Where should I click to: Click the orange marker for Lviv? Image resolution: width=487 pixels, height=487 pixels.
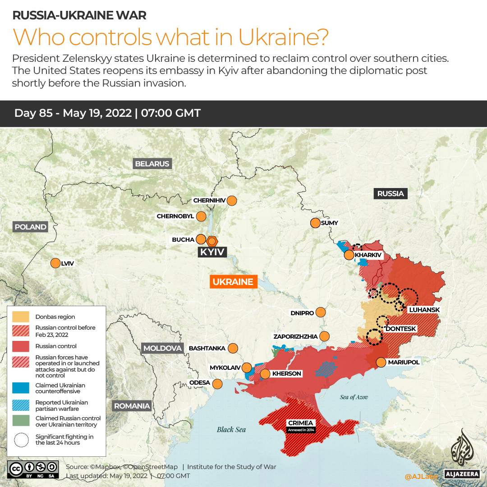point(55,263)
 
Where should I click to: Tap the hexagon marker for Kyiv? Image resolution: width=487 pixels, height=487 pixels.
point(211,240)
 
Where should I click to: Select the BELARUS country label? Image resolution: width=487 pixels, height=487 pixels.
point(152,164)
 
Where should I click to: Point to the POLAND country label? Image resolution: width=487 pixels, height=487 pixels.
point(30,227)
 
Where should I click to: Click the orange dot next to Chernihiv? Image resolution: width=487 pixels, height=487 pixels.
point(232,201)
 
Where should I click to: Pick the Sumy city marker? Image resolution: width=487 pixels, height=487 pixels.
point(315,223)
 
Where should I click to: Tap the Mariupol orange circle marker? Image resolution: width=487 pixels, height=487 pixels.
point(381,362)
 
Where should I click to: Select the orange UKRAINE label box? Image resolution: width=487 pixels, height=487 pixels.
point(233,282)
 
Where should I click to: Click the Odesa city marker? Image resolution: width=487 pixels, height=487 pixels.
point(217,384)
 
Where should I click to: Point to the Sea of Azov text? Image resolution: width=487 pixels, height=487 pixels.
point(354,397)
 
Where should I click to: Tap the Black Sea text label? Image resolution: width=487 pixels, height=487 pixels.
point(231,429)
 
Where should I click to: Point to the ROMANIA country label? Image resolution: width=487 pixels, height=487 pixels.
point(132,406)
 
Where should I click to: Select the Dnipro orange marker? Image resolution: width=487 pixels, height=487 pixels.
point(321,312)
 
